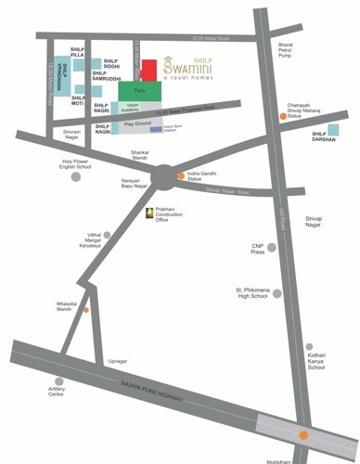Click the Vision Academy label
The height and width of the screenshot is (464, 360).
click(137, 109)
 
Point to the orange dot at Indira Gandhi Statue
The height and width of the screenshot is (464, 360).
click(182, 174)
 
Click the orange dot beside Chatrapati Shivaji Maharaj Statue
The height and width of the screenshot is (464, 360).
click(284, 117)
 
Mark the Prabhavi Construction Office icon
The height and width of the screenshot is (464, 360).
click(155, 213)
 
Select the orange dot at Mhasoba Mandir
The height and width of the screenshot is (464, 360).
click(86, 310)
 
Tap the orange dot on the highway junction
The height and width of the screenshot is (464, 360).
click(304, 434)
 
